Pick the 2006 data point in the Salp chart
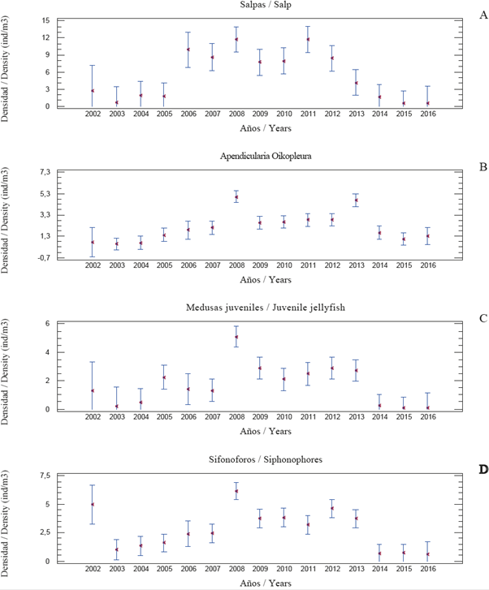pos(188,50)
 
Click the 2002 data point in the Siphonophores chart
pos(92,504)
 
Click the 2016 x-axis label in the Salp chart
pos(427,114)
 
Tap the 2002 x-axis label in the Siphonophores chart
pos(92,569)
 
